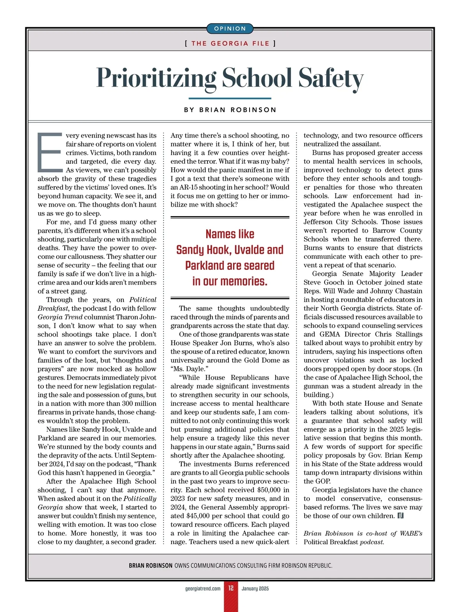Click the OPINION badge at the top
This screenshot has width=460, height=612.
click(x=230, y=29)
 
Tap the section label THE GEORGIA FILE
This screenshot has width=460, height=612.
click(x=230, y=43)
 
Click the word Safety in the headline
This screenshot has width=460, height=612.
click(x=330, y=78)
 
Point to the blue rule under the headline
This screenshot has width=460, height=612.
click(x=230, y=99)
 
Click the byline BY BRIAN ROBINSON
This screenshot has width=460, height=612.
click(x=230, y=110)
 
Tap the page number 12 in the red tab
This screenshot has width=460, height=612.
click(x=231, y=588)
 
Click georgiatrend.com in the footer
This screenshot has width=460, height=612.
click(x=203, y=588)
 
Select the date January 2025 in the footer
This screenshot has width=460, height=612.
click(x=255, y=588)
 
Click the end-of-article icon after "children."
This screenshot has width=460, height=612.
click(x=401, y=516)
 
